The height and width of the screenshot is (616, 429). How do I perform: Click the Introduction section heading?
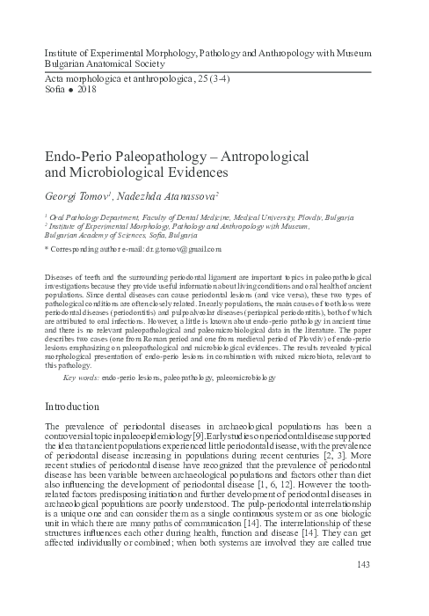tap(81, 407)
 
